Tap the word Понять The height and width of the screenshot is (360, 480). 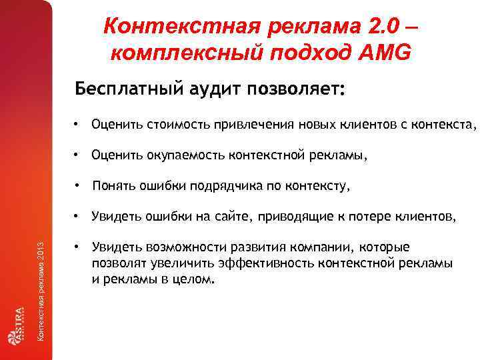pos(112,187)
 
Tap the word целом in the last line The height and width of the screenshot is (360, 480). pos(196,279)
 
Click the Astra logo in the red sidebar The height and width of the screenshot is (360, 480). pos(16,325)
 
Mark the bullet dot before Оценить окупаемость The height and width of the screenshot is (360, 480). pos(78,155)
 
